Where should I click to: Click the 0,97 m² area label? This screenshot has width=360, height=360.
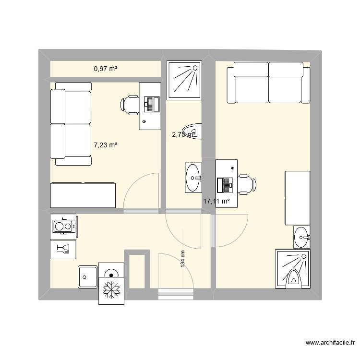pyautogui.click(x=106, y=69)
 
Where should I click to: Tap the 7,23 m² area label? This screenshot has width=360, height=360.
pyautogui.click(x=106, y=144)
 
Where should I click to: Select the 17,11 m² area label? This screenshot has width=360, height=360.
pyautogui.click(x=216, y=202)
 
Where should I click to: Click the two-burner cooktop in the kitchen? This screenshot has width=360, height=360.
pyautogui.click(x=63, y=226)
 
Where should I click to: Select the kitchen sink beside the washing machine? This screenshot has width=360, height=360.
pyautogui.click(x=87, y=276)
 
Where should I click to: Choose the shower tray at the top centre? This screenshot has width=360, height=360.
pyautogui.click(x=184, y=80)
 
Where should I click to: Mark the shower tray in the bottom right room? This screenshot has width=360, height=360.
pyautogui.click(x=293, y=268)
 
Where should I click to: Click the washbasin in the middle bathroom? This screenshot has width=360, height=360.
pyautogui.click(x=193, y=177)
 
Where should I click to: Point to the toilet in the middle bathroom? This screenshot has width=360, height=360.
pyautogui.click(x=194, y=130)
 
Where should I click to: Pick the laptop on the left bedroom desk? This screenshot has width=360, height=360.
pyautogui.click(x=152, y=104)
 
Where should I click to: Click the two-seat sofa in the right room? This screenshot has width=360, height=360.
pyautogui.click(x=268, y=83)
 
